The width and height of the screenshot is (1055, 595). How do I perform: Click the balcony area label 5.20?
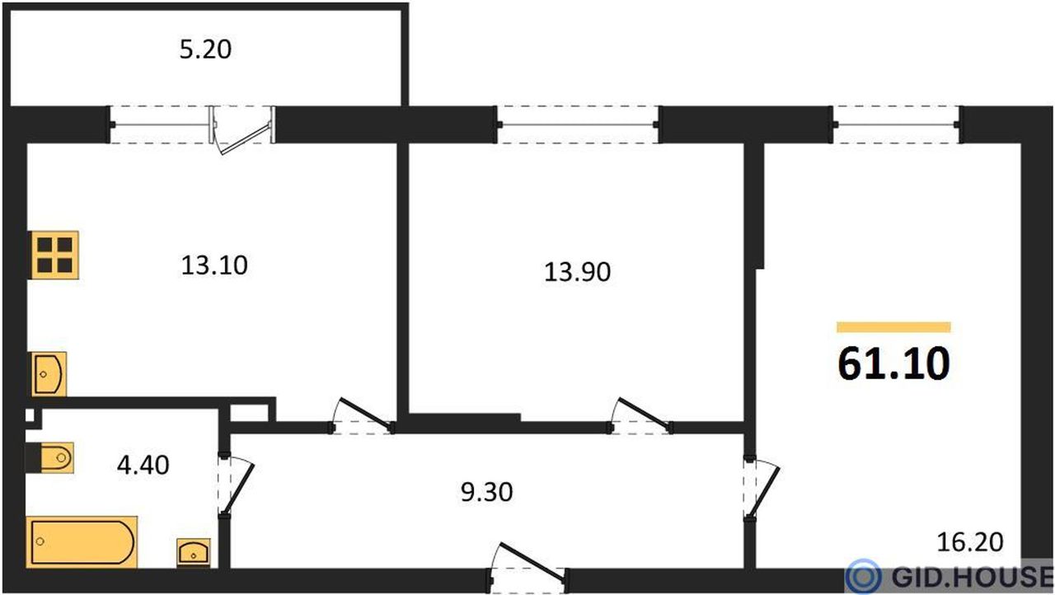click(x=205, y=49)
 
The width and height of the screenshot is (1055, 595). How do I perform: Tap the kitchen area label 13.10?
click(x=214, y=265)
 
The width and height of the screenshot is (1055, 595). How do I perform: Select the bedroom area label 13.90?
click(x=578, y=272)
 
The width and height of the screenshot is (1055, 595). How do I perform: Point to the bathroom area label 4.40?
click(x=143, y=465)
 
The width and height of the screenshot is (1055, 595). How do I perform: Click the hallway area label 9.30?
click(x=486, y=492)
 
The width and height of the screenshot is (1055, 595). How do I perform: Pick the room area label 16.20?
click(x=970, y=542)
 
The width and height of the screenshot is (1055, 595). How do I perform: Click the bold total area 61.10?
click(x=894, y=363)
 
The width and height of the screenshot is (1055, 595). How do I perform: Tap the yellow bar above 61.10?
click(x=893, y=327)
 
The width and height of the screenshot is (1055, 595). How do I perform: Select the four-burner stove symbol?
click(x=54, y=255)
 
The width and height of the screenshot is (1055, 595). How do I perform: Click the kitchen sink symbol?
click(x=49, y=374)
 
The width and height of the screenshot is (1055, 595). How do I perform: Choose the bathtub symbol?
click(x=82, y=541)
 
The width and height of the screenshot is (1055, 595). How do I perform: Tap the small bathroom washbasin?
click(x=194, y=552)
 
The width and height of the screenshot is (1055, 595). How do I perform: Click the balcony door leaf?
click(x=246, y=138)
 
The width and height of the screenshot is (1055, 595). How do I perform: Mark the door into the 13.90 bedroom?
click(x=641, y=415)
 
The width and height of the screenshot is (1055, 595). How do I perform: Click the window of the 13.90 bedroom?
click(x=578, y=124)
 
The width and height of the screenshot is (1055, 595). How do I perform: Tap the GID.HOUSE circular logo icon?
click(x=863, y=576)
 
